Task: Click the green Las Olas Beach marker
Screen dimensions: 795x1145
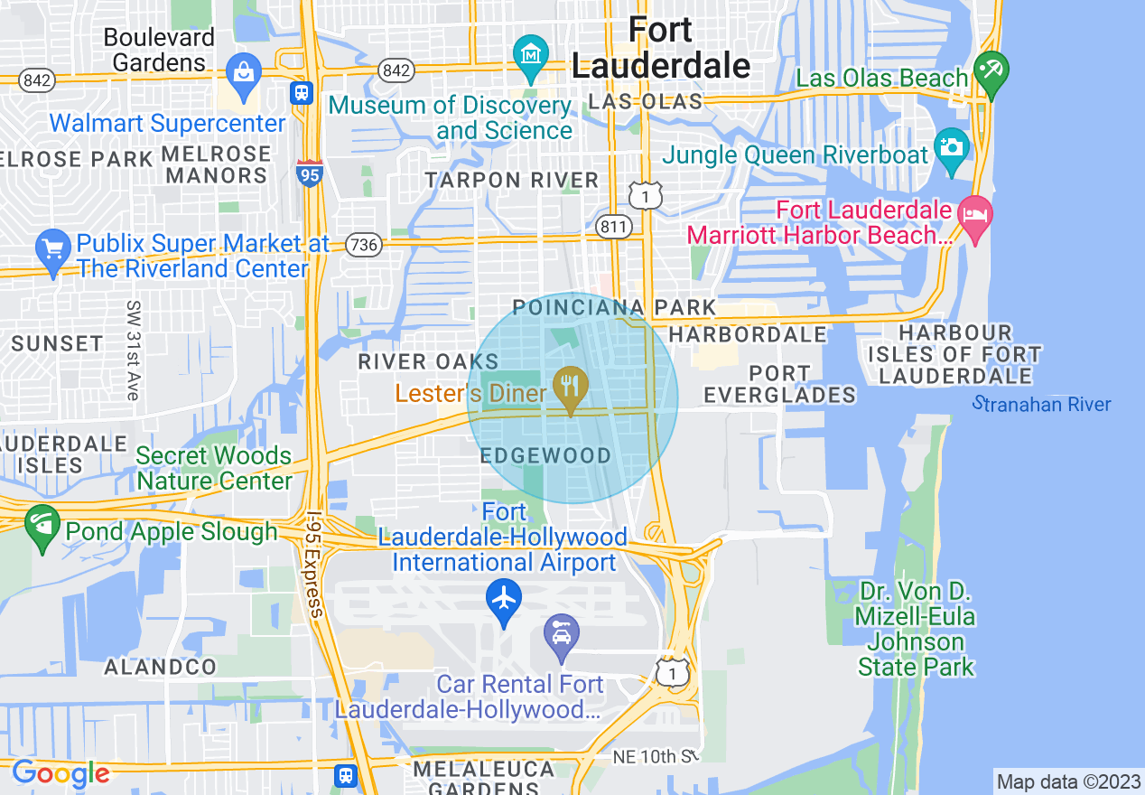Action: click(991, 72)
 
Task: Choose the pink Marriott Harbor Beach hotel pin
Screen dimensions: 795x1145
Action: click(975, 217)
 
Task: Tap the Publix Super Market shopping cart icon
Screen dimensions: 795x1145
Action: click(52, 248)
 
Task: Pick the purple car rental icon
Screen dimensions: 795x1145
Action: click(562, 635)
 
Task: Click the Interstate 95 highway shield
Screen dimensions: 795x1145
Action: click(310, 173)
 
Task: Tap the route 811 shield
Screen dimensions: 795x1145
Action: click(613, 226)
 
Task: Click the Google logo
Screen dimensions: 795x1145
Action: click(60, 773)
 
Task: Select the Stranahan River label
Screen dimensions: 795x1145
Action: click(1042, 404)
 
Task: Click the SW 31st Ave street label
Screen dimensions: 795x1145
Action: click(133, 351)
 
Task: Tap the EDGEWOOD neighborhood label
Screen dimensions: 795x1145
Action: click(545, 455)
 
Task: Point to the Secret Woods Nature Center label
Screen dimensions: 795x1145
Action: click(214, 468)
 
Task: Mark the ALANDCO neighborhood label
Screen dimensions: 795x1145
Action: click(161, 668)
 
